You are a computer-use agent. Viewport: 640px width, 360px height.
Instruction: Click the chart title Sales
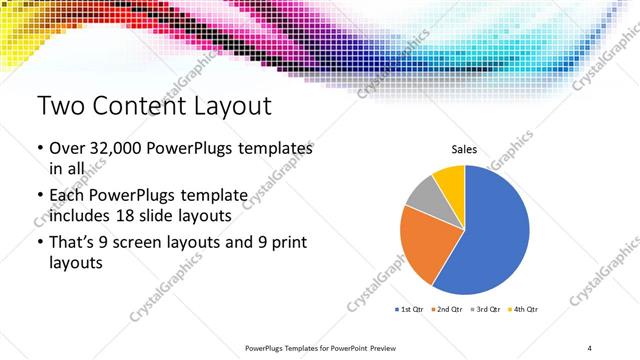pyautogui.click(x=464, y=149)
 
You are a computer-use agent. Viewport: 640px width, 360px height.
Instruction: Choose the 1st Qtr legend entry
pyautogui.click(x=411, y=309)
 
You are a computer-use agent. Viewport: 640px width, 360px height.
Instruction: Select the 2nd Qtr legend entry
pyautogui.click(x=449, y=309)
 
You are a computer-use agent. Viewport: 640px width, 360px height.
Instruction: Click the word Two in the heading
pyautogui.click(x=60, y=106)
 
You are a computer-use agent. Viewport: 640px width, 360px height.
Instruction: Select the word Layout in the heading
pyautogui.click(x=225, y=106)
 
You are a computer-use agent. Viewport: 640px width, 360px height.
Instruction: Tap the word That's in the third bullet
pyautogui.click(x=73, y=241)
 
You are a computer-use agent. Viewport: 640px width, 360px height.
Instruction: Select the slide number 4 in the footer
pyautogui.click(x=590, y=347)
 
